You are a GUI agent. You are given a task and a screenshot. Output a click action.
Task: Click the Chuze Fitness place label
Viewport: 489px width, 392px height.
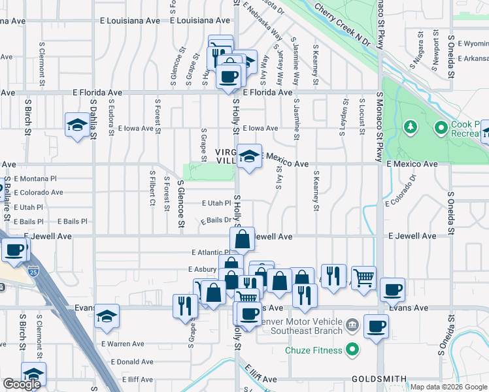[313, 350]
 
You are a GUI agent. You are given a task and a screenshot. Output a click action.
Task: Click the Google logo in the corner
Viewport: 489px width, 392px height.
[22, 384]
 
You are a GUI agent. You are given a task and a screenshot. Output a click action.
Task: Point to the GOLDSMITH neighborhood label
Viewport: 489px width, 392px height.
[379, 379]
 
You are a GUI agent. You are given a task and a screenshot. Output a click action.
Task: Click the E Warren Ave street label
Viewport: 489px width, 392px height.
[122, 344]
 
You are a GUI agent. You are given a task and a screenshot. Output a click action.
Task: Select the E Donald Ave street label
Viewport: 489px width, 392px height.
[132, 362]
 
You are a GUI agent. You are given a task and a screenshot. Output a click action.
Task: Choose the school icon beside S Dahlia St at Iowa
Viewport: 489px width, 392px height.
[77, 124]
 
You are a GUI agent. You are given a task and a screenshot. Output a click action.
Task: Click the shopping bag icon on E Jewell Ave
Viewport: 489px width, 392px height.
[243, 239]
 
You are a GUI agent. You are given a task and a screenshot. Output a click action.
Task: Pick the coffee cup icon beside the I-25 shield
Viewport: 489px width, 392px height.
[14, 250]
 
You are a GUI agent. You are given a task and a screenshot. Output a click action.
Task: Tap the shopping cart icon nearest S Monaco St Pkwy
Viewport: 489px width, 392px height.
[363, 277]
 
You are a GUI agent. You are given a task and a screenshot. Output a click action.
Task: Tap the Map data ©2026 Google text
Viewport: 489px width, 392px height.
[448, 387]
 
